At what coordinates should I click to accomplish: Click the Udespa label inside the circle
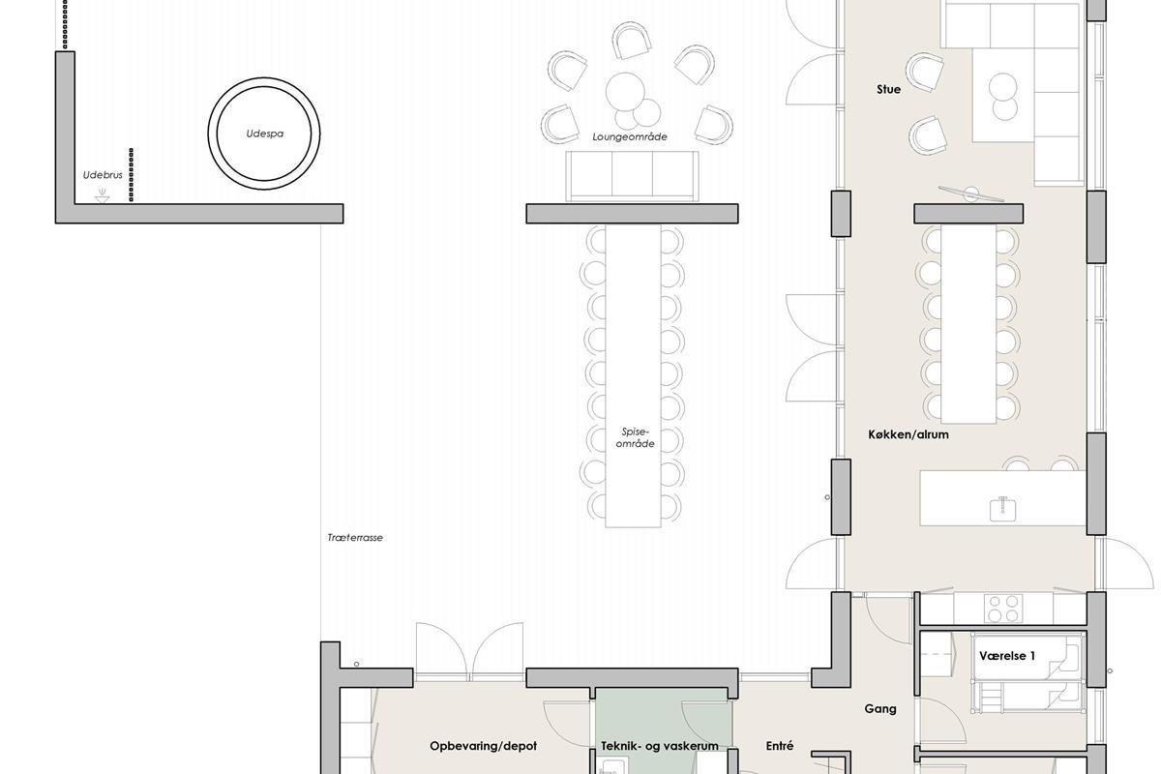click(265, 134)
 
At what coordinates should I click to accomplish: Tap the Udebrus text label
click(103, 175)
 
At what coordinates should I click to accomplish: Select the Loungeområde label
click(630, 136)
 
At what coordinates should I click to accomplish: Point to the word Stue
click(888, 89)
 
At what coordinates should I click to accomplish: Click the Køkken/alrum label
click(908, 434)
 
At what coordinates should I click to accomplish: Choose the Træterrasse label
click(355, 538)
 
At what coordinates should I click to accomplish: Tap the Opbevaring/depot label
click(483, 746)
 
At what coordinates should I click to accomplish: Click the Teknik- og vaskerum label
click(660, 746)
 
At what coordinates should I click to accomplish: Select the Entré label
click(780, 746)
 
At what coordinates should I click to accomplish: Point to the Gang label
click(880, 708)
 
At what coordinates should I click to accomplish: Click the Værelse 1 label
click(1007, 656)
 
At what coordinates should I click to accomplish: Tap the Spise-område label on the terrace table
click(635, 437)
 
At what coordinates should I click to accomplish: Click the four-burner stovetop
click(1004, 609)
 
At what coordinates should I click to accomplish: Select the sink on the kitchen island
click(1003, 509)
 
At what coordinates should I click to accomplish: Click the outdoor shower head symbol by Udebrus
click(103, 195)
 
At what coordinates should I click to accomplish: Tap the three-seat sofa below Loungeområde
click(632, 176)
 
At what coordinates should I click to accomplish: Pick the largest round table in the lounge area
click(625, 92)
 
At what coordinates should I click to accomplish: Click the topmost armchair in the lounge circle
click(631, 40)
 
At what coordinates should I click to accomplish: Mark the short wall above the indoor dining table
click(968, 214)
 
